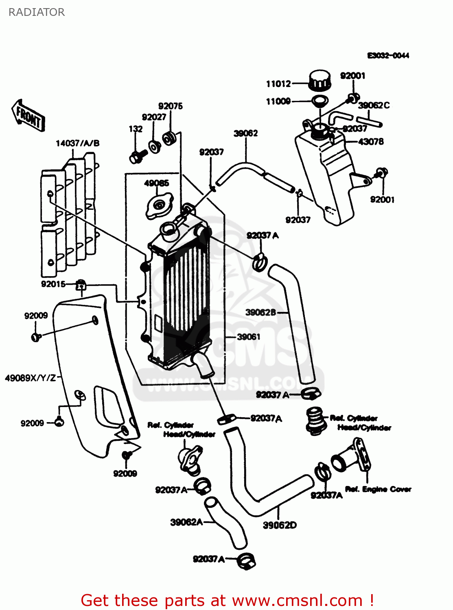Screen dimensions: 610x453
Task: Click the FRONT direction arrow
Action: (x=28, y=115)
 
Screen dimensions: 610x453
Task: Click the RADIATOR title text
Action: (x=37, y=12)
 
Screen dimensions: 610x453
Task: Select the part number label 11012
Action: (x=278, y=84)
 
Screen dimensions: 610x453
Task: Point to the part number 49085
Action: (x=156, y=183)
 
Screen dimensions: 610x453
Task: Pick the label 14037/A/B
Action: (x=77, y=143)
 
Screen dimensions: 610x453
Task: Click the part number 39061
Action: (x=248, y=337)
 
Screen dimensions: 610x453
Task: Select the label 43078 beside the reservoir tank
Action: (x=371, y=142)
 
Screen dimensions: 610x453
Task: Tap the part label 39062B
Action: (x=260, y=312)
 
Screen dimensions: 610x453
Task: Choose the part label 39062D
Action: (x=280, y=525)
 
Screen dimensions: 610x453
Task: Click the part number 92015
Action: (x=53, y=284)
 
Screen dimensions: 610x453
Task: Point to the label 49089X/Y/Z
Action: (x=31, y=378)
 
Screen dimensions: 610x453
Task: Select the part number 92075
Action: (x=170, y=106)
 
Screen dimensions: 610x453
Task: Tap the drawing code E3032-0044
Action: (x=388, y=55)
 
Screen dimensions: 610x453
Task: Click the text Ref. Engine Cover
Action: (x=378, y=489)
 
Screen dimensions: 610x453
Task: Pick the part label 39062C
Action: (x=374, y=105)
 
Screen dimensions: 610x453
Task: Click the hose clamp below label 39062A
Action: (x=247, y=561)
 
